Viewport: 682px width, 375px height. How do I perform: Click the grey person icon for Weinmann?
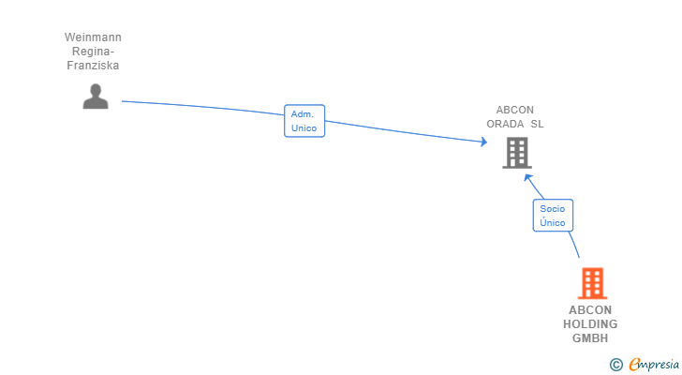pos(95,96)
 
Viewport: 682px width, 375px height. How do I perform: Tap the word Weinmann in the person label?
pos(93,37)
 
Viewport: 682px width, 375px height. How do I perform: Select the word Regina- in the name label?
pos(93,52)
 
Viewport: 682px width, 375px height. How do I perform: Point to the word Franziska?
pos(93,66)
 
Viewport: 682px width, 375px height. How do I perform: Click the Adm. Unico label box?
pos(304,121)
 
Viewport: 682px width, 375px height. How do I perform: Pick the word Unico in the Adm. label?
pos(304,128)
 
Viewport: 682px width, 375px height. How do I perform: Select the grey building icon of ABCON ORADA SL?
pos(516,152)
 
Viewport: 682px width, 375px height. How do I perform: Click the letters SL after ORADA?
pos(537,124)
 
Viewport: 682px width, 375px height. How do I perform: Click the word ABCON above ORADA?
pos(515,110)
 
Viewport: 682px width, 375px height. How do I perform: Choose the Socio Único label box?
pos(553,216)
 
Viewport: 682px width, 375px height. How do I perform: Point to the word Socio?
pos(553,209)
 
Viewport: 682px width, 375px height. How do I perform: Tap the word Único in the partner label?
pos(553,223)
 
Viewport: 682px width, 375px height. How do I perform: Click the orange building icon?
pos(591,282)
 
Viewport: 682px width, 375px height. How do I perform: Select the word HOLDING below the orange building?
pos(590,324)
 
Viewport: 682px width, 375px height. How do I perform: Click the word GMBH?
pos(590,338)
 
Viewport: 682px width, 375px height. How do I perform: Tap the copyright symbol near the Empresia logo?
pos(615,365)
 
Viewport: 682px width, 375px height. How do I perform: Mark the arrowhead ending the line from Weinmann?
pos(483,142)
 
